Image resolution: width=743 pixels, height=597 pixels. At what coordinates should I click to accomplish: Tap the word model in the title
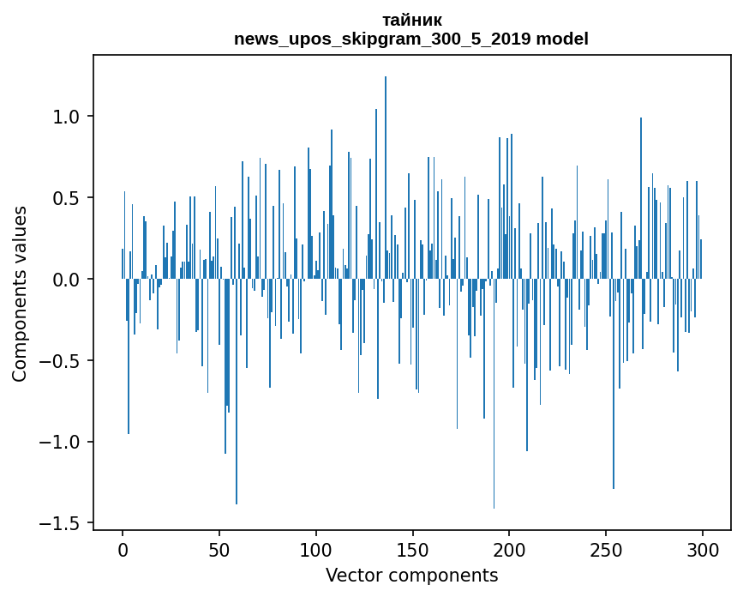tap(562, 39)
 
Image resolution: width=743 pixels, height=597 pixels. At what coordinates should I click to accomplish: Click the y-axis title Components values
tap(20, 293)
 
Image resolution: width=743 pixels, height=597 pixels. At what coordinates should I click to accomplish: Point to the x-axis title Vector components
tap(411, 575)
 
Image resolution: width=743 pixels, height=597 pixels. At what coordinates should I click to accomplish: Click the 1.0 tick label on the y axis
tap(66, 117)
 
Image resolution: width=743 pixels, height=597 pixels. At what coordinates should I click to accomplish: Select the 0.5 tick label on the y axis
tap(66, 198)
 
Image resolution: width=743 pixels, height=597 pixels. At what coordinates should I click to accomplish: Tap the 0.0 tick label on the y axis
tap(66, 280)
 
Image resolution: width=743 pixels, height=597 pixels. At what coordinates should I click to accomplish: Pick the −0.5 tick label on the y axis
tap(60, 361)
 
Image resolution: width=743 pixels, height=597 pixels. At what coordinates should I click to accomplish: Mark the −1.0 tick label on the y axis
tap(60, 443)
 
